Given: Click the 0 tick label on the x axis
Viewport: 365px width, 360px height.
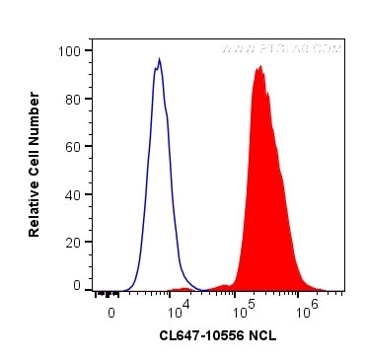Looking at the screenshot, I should pyautogui.click(x=111, y=312).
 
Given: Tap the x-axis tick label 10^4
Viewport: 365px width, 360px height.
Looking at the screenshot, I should pyautogui.click(x=175, y=310).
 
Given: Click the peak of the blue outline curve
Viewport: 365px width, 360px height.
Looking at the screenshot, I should pyautogui.click(x=159, y=59).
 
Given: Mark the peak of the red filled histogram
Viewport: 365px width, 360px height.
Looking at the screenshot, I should pyautogui.click(x=258, y=67).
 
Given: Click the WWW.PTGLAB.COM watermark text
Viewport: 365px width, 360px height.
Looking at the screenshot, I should pyautogui.click(x=281, y=48).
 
